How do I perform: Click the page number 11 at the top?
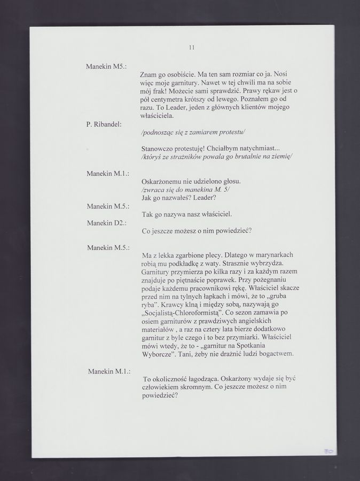pyautogui.click(x=191, y=48)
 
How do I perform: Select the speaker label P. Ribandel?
pyautogui.click(x=105, y=124)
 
